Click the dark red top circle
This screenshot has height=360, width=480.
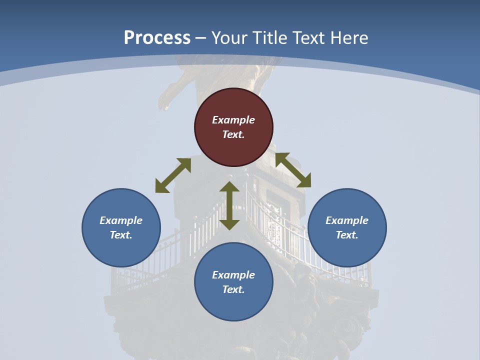(233, 127)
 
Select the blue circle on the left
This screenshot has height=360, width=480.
(121, 227)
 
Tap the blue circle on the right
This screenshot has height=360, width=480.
(347, 227)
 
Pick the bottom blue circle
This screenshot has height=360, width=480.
(233, 282)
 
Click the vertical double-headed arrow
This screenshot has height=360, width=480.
(229, 205)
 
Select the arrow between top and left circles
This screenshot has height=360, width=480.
(173, 175)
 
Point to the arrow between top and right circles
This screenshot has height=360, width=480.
(293, 170)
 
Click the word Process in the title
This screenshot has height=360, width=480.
(157, 37)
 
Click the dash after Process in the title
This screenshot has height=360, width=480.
(201, 38)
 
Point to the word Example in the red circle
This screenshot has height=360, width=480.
(233, 120)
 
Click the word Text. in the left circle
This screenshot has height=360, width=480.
(121, 235)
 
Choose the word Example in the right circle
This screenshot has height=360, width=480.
(347, 220)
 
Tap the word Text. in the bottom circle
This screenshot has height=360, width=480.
(233, 289)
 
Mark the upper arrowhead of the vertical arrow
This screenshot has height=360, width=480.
(229, 187)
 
